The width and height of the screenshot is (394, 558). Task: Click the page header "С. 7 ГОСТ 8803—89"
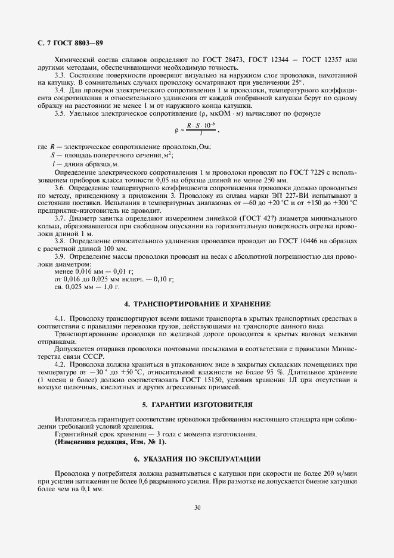click(x=62, y=43)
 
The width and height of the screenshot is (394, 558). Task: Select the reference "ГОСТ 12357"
click(x=322, y=60)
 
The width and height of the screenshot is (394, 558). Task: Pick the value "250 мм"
click(x=274, y=180)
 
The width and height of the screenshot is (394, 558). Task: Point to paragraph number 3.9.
click(x=60, y=256)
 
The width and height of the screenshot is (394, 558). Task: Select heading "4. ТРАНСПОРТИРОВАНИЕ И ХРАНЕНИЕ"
click(x=197, y=303)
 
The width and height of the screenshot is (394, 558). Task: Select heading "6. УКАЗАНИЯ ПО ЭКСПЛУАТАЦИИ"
click(x=197, y=458)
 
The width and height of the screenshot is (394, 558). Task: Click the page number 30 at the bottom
click(x=197, y=508)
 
